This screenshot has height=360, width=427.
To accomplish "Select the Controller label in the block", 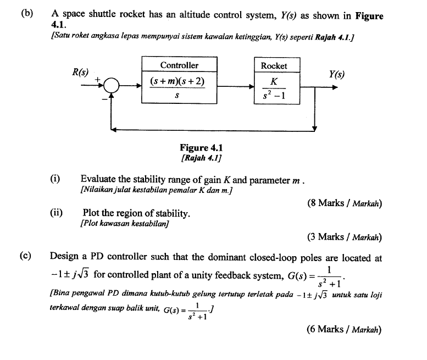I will pos(179,65).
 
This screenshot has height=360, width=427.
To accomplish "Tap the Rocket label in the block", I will pos(274,66).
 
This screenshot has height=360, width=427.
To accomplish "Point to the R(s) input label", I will pos(81,71).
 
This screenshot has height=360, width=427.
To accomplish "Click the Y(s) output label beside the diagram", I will pos(337,74).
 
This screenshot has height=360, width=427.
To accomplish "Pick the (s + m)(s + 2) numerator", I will pos(178,82).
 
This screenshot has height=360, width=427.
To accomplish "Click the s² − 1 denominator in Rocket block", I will pos(274,97).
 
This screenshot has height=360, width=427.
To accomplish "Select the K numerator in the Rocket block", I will pos(274,81).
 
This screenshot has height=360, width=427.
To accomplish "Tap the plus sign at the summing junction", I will pos(98,80).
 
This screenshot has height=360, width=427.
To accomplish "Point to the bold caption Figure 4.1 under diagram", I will pos(202,148).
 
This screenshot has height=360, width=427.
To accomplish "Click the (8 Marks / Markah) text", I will pos(345,203).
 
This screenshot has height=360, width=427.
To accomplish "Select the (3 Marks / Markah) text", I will pos(345,237).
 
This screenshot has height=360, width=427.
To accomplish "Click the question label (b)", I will pos(27,15).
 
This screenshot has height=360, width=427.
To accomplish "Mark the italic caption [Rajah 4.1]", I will pos(201,158).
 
